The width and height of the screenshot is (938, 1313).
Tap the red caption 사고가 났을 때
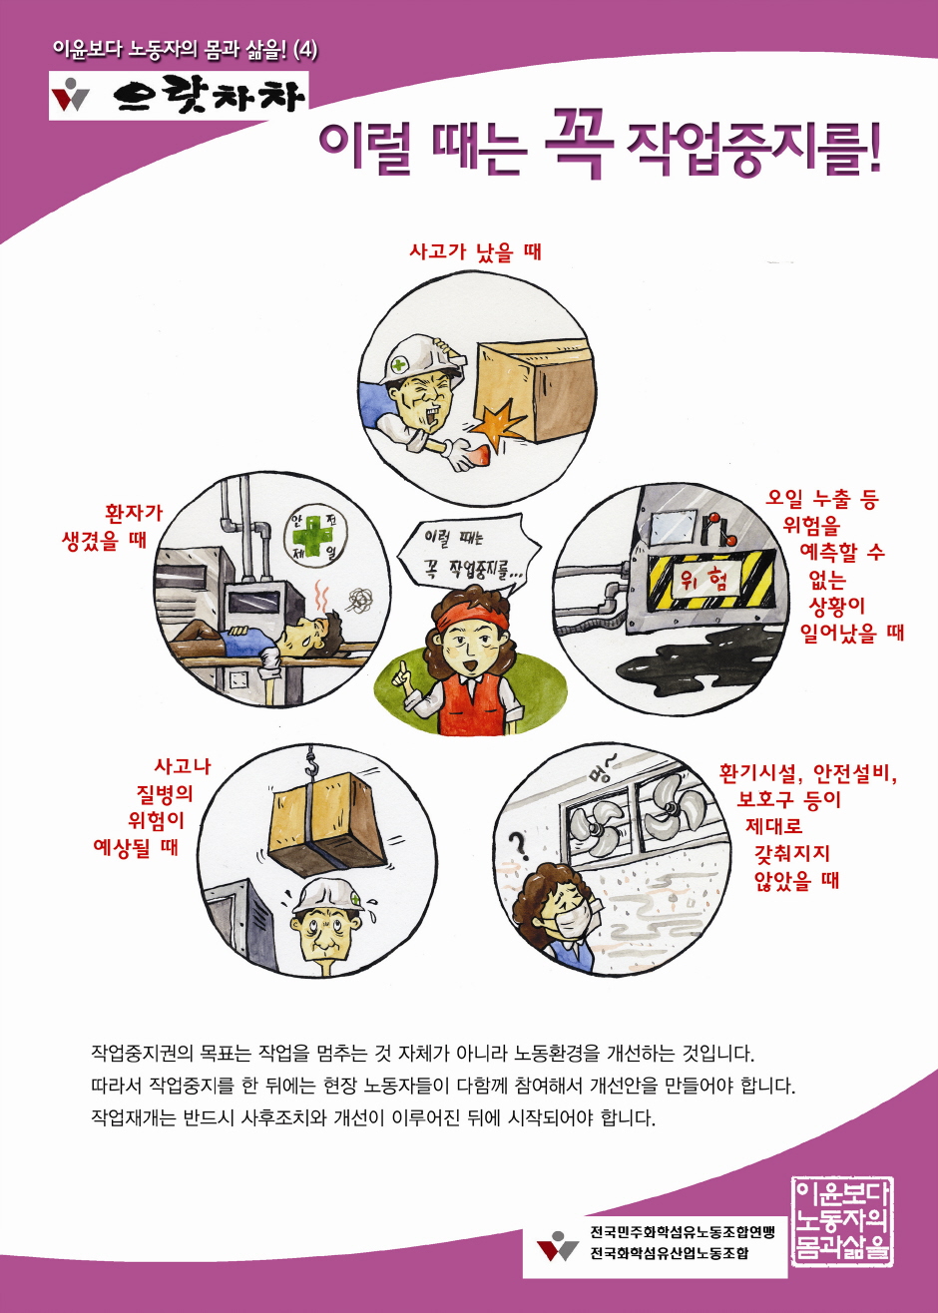pos(475,252)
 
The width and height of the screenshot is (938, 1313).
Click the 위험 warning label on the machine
pos(703,581)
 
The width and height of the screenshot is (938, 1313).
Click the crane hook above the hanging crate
pos(311,764)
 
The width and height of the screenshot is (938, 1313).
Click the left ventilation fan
pos(595,821)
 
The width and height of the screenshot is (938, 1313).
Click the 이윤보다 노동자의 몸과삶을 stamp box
pos(842,1213)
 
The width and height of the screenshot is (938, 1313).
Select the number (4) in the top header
pos(305,50)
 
